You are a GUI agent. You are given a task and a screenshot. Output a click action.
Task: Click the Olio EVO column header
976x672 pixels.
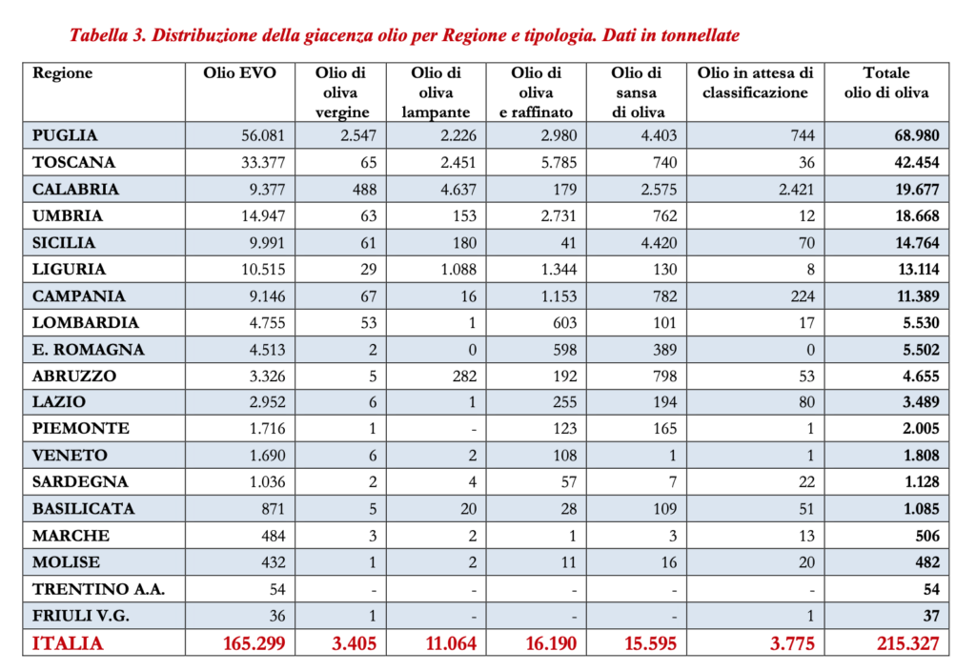click(x=239, y=73)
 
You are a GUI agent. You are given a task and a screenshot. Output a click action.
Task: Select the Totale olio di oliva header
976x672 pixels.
click(x=885, y=83)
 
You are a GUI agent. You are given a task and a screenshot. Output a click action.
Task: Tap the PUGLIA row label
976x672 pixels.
click(x=65, y=135)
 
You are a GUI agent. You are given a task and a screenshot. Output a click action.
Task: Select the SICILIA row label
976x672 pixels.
click(x=64, y=243)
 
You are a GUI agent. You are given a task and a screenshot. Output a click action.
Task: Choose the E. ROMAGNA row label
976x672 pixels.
click(x=89, y=350)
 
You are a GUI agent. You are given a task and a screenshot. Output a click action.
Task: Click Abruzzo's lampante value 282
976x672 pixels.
click(x=462, y=377)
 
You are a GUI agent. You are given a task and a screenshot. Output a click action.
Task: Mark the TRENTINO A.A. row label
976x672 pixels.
click(x=98, y=590)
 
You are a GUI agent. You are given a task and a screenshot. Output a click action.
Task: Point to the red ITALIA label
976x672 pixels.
click(x=68, y=643)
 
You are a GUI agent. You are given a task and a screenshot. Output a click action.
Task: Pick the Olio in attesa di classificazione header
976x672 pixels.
click(x=755, y=83)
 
